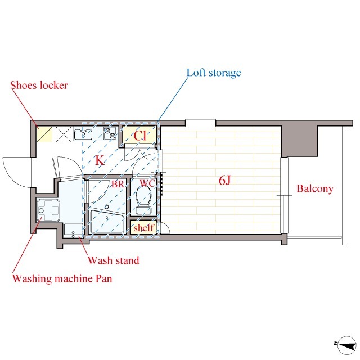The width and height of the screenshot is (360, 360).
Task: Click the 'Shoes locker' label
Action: [x=39, y=85]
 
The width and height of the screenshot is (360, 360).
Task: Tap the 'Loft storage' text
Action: [x=214, y=73]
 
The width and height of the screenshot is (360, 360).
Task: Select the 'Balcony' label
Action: [x=315, y=188]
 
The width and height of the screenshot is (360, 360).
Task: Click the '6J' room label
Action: [x=224, y=180]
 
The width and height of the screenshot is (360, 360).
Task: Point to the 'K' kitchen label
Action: [x=100, y=160]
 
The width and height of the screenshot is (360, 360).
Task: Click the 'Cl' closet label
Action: [x=139, y=136]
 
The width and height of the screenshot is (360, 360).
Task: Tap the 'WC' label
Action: [x=147, y=183]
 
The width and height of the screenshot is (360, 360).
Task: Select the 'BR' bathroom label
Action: [x=118, y=184]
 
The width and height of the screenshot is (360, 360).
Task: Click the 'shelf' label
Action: [x=143, y=227]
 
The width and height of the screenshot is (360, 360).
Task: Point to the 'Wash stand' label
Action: [x=114, y=260]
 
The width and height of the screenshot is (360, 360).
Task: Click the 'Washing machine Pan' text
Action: [x=62, y=278]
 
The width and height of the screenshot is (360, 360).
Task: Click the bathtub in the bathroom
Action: [x=107, y=222]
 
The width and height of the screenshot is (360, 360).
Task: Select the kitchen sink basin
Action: [x=83, y=134]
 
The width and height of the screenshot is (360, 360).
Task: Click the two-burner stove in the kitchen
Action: [x=110, y=133]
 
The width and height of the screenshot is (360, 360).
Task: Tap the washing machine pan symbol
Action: [x=48, y=210]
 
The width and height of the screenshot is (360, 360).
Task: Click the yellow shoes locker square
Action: [x=44, y=134]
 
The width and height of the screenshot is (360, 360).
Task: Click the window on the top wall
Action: [x=201, y=123]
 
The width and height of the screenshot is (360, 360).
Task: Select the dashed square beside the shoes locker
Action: [x=64, y=134]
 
